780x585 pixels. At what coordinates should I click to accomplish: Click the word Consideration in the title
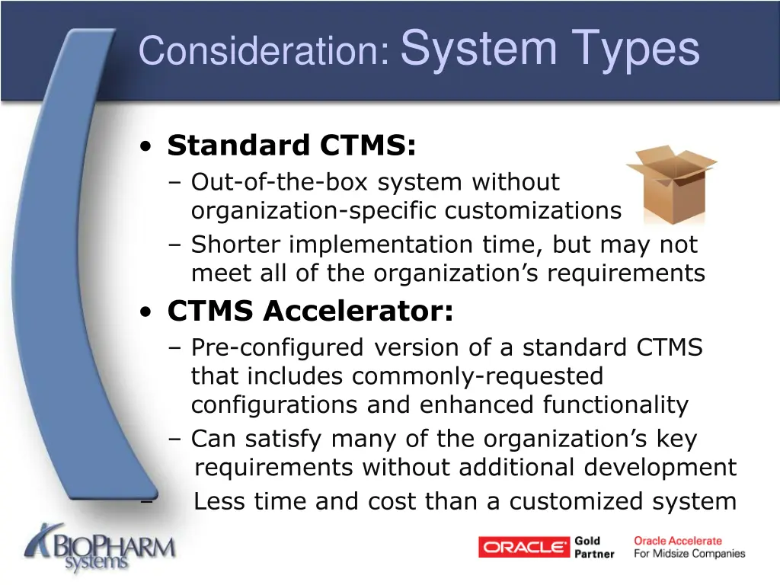(x=264, y=51)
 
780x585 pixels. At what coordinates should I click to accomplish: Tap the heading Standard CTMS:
(x=292, y=145)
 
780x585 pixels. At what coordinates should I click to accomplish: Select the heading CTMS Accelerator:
(x=310, y=311)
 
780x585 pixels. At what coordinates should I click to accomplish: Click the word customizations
(x=533, y=210)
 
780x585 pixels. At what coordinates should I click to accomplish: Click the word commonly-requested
(x=478, y=376)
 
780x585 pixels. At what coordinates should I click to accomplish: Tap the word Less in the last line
(x=220, y=501)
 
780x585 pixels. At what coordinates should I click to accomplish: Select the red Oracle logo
(x=523, y=547)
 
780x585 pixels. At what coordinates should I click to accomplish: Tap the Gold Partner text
(x=594, y=548)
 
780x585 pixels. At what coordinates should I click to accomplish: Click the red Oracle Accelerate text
(x=678, y=541)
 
